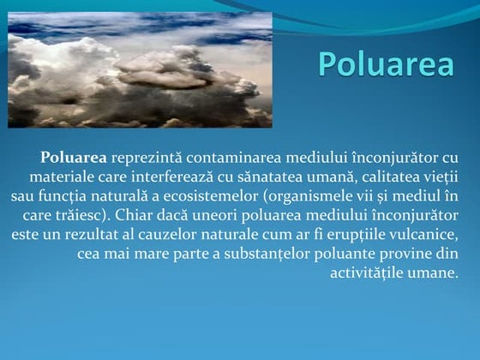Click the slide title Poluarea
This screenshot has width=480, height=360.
coord(385,63)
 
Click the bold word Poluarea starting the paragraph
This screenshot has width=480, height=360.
coord(73,158)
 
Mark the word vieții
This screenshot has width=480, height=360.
coord(443,177)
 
